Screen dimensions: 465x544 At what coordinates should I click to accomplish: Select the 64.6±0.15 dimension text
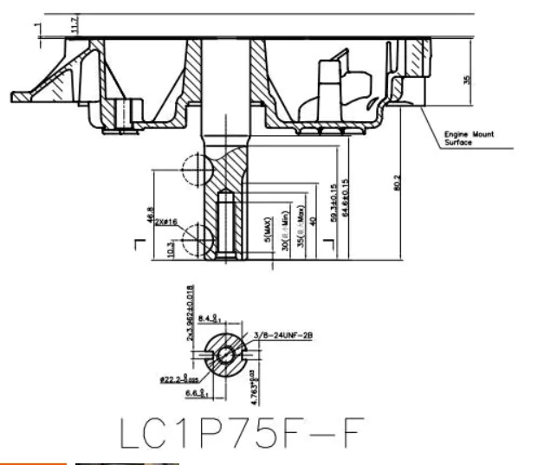346,202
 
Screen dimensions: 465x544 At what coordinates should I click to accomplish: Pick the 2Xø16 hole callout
165,223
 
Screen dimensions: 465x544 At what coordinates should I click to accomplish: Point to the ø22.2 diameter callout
179,378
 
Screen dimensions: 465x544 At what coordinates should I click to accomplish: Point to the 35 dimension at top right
468,80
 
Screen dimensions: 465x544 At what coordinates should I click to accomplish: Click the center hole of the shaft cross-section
225,353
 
